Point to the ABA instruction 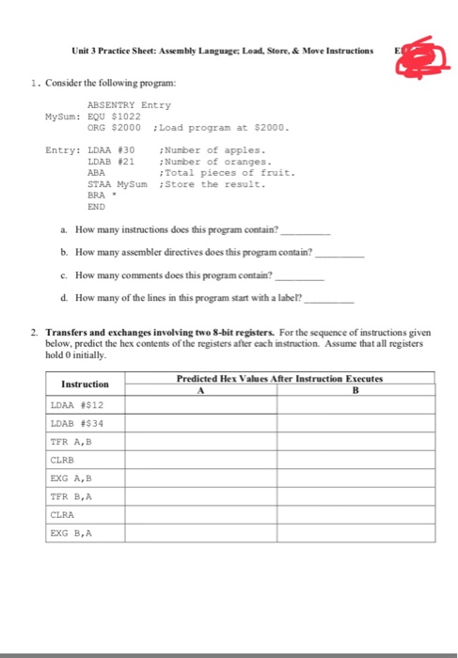point(95,172)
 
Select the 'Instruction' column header point(85,384)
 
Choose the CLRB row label point(63,461)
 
